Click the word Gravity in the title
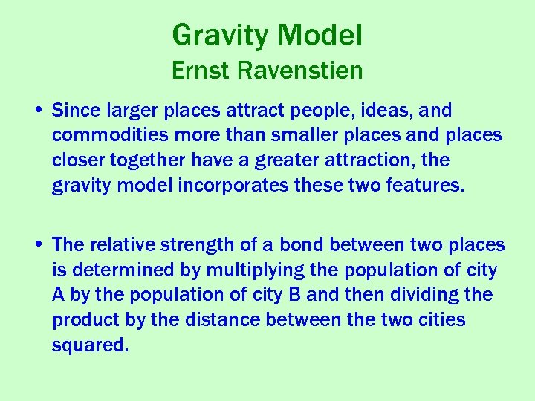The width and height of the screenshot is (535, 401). pyautogui.click(x=221, y=35)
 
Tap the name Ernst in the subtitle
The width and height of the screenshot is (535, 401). pyautogui.click(x=199, y=71)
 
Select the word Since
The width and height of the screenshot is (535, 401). pyautogui.click(x=74, y=111)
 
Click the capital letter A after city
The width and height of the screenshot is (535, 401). pyautogui.click(x=59, y=295)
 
